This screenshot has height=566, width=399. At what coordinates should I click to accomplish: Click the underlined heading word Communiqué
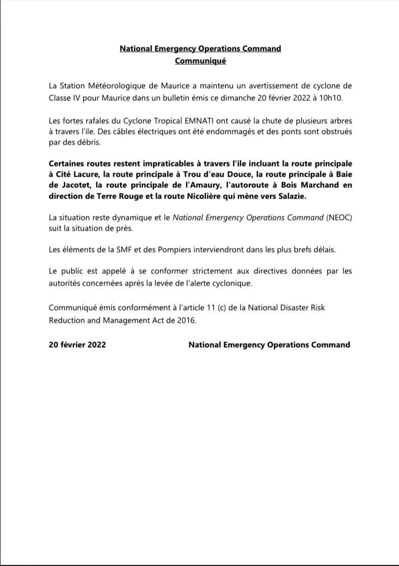(x=200, y=61)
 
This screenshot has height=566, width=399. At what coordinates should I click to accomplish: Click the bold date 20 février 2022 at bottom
(x=77, y=345)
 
